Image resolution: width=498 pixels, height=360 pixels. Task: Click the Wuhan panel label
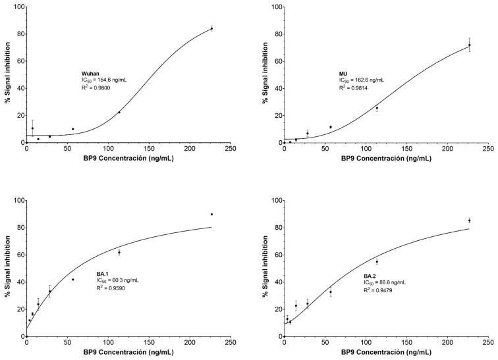[81, 72]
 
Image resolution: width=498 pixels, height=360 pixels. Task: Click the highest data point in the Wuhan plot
[211, 28]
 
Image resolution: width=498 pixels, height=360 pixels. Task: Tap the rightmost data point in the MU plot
[470, 45]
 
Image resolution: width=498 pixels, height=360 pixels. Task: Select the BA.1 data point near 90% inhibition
[211, 214]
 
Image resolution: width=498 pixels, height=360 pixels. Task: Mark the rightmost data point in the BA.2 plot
[470, 220]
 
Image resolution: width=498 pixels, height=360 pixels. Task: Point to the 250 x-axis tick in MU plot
[488, 149]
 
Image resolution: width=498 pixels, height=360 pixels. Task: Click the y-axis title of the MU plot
[265, 74]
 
